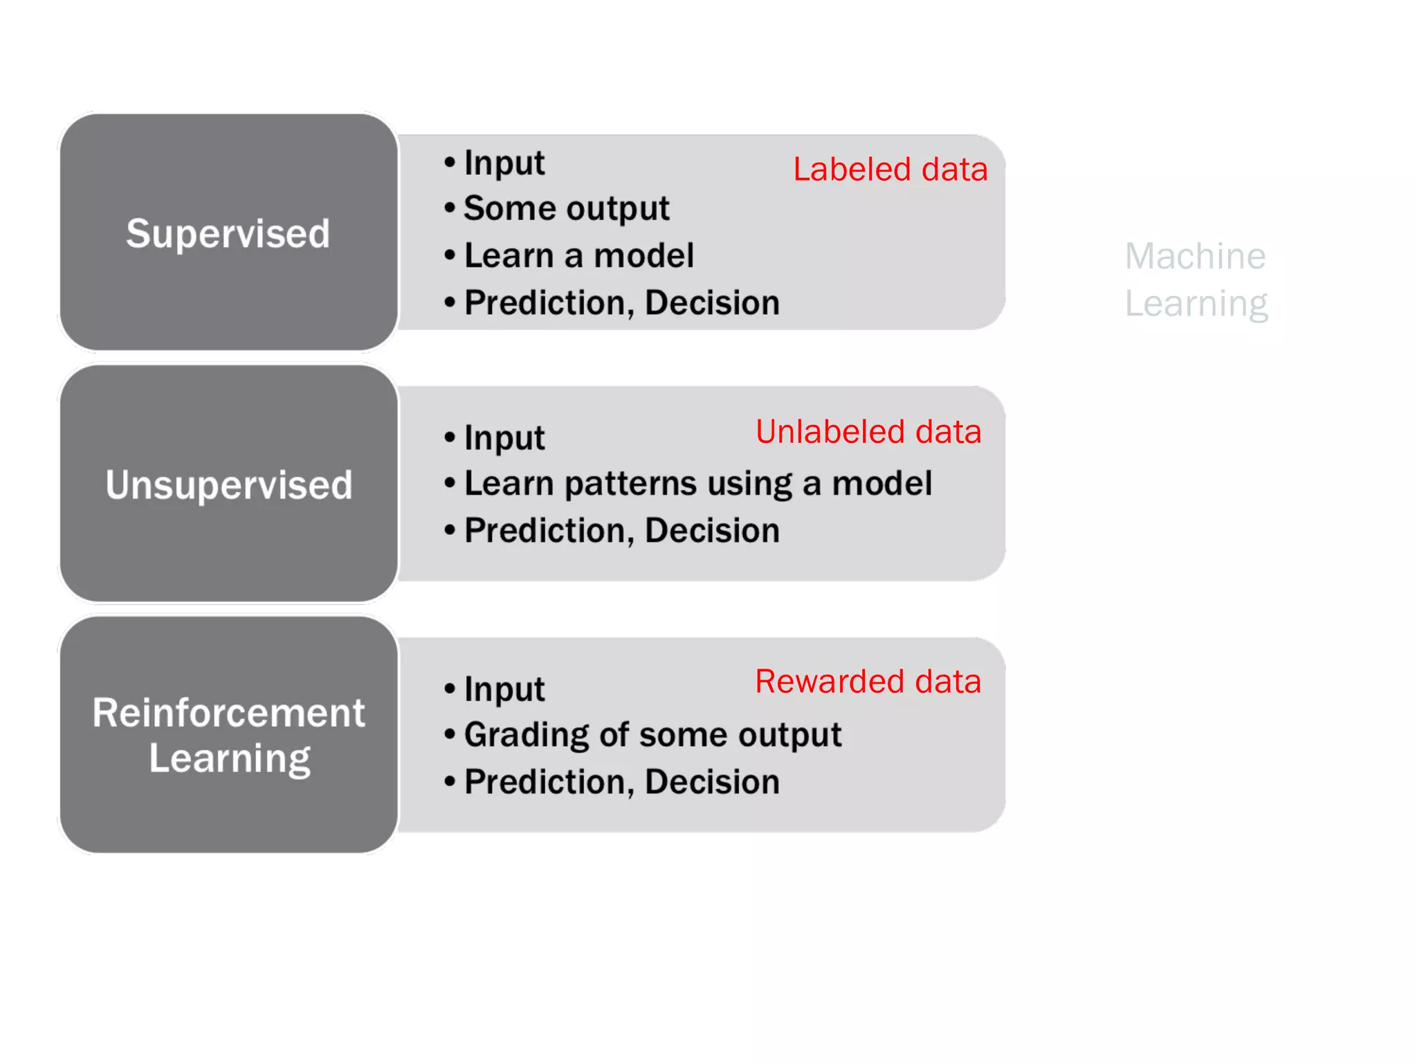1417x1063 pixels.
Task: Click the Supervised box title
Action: tap(228, 233)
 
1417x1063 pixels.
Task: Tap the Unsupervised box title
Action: tap(228, 484)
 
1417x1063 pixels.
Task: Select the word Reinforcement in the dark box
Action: tap(228, 713)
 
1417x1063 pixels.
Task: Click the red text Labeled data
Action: tap(890, 170)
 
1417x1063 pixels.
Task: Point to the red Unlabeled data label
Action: tap(868, 432)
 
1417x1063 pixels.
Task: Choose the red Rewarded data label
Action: tap(868, 682)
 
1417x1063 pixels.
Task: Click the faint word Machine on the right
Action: tap(1195, 257)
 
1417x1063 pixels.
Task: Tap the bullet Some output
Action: tap(566, 208)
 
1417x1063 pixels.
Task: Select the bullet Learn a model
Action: tap(578, 255)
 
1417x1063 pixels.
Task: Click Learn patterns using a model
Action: tap(697, 483)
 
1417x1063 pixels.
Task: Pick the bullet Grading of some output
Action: tap(652, 734)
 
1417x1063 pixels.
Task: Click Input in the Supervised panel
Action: tap(504, 163)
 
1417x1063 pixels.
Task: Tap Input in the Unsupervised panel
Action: tap(504, 438)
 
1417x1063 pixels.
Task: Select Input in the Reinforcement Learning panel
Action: tap(504, 689)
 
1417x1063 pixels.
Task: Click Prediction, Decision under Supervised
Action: tap(621, 303)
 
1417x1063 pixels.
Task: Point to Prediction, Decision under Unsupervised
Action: tap(621, 531)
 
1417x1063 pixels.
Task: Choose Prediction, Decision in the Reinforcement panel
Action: tap(621, 782)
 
